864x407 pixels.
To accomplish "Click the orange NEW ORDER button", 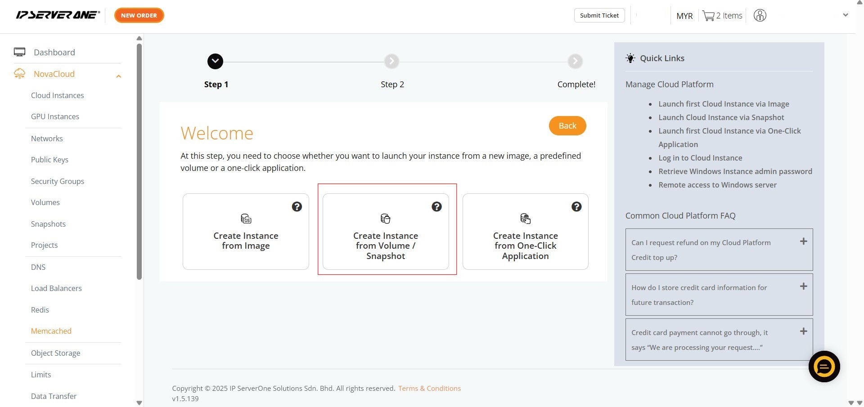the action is [x=139, y=15].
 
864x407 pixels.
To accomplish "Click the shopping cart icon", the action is [x=708, y=16].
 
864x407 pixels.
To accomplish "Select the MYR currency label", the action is [x=684, y=16].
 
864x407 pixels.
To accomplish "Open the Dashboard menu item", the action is [x=54, y=52].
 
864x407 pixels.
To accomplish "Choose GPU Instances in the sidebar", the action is [x=55, y=116].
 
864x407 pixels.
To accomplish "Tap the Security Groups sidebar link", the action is [x=58, y=181].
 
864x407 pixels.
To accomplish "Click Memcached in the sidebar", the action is [x=51, y=331].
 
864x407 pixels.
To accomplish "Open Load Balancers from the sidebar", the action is [x=56, y=288].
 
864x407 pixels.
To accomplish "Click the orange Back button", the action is [x=567, y=125].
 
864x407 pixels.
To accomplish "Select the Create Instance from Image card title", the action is [x=246, y=241].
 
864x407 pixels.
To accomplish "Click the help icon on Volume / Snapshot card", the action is [x=436, y=206].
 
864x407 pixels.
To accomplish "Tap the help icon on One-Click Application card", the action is [x=576, y=206].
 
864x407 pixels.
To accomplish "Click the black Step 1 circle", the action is [x=215, y=61].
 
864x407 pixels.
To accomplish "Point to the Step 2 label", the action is [x=392, y=85].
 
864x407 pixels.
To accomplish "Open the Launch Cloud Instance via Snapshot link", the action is [x=721, y=117].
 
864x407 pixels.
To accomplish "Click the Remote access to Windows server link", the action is [x=718, y=185].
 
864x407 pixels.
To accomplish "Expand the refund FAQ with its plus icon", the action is [x=803, y=242].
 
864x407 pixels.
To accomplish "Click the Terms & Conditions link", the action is [x=429, y=388].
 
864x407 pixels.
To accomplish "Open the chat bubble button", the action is [x=824, y=367].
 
